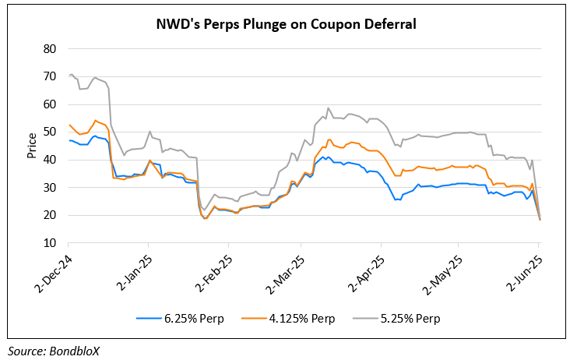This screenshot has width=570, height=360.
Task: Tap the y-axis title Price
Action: [x=32, y=145]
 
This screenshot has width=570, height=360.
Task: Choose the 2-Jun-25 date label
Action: [x=525, y=268]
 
